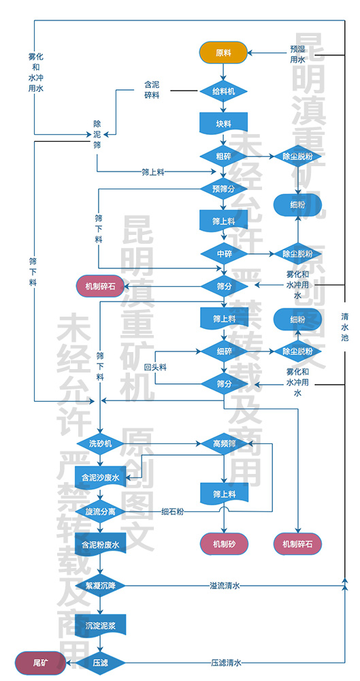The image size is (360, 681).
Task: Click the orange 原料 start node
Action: (223, 52)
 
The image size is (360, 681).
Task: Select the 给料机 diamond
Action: (223, 90)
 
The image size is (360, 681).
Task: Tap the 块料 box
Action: (223, 124)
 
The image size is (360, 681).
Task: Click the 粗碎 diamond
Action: (223, 156)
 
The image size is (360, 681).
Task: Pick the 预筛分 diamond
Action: (223, 188)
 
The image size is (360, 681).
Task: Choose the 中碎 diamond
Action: (223, 253)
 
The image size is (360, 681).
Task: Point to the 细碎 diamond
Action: (223, 351)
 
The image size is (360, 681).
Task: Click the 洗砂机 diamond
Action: (100, 443)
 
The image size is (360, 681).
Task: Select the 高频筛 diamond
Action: (223, 443)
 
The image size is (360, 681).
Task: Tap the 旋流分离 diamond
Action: (100, 511)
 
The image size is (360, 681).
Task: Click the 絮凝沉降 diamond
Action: (100, 585)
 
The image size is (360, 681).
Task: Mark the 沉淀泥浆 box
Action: (100, 624)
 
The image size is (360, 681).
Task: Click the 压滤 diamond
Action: (100, 661)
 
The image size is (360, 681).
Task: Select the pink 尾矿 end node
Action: (40, 661)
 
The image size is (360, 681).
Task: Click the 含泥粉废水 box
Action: (100, 545)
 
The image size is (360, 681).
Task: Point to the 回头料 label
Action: (155, 367)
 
